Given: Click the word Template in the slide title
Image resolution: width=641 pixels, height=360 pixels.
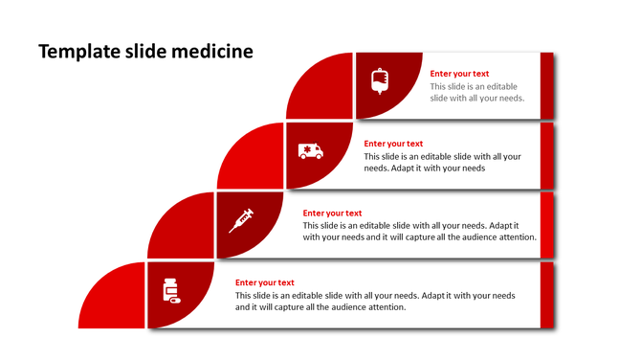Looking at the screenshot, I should (75, 52).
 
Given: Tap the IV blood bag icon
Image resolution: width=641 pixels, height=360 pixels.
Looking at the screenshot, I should (380, 81).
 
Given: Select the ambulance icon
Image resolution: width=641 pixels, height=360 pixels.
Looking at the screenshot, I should (310, 150).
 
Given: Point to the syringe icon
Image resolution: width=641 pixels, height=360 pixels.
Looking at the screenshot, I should (240, 221).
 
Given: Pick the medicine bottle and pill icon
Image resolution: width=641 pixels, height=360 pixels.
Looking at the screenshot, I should (171, 290).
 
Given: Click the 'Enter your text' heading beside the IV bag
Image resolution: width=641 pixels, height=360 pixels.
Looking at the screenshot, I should (459, 74).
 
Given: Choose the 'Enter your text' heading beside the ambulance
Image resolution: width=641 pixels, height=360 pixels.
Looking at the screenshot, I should (393, 144).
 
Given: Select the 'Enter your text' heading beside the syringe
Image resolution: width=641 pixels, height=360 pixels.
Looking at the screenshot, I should (332, 214).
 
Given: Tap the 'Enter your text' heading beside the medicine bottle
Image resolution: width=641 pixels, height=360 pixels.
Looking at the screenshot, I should (264, 282).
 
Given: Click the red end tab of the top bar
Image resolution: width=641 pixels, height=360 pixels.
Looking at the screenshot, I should (547, 86).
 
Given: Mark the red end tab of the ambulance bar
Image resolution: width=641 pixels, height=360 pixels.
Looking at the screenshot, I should (547, 155).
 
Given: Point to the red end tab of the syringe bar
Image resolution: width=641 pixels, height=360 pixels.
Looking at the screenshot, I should (547, 225).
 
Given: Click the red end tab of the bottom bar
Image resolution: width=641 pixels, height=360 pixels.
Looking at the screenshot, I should (547, 294).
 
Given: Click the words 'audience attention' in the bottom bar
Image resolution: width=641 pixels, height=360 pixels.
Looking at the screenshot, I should (370, 307).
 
